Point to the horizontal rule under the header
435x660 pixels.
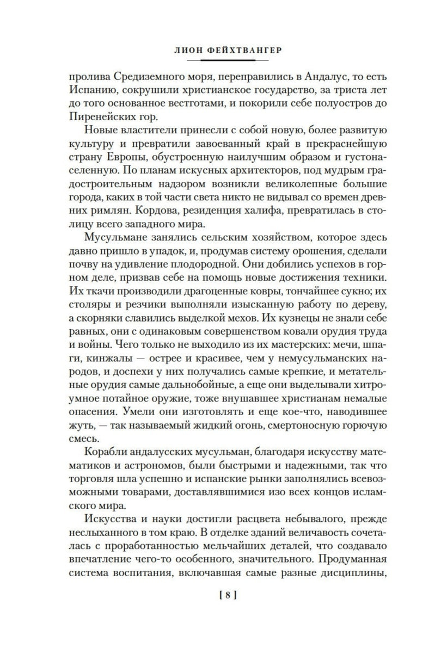click(x=217, y=58)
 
